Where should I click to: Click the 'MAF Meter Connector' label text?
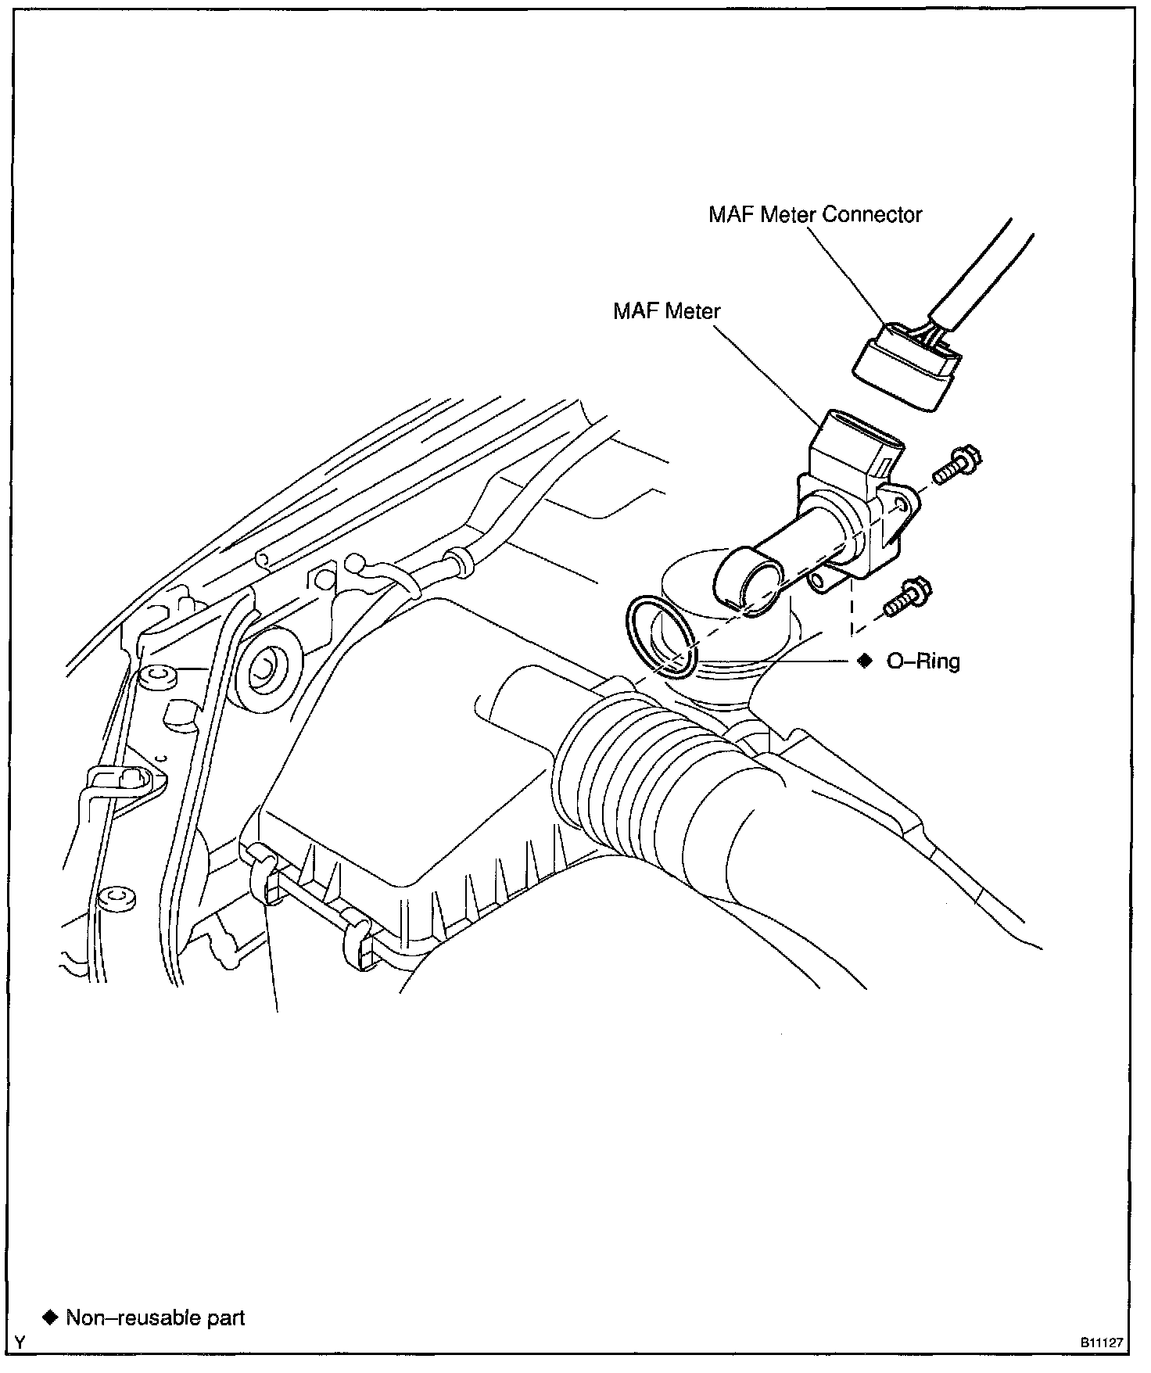pyautogui.click(x=815, y=214)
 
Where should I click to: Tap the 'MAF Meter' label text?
pyautogui.click(x=666, y=311)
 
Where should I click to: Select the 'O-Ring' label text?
pyautogui.click(x=923, y=661)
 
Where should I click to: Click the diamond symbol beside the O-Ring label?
pyautogui.click(x=864, y=661)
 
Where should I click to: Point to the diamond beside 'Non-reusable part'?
pyautogui.click(x=51, y=1317)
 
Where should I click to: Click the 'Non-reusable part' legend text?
pyautogui.click(x=156, y=1318)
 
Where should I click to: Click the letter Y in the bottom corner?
pyautogui.click(x=20, y=1343)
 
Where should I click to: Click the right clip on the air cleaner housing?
pyautogui.click(x=358, y=942)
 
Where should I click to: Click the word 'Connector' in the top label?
pyautogui.click(x=872, y=214)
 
